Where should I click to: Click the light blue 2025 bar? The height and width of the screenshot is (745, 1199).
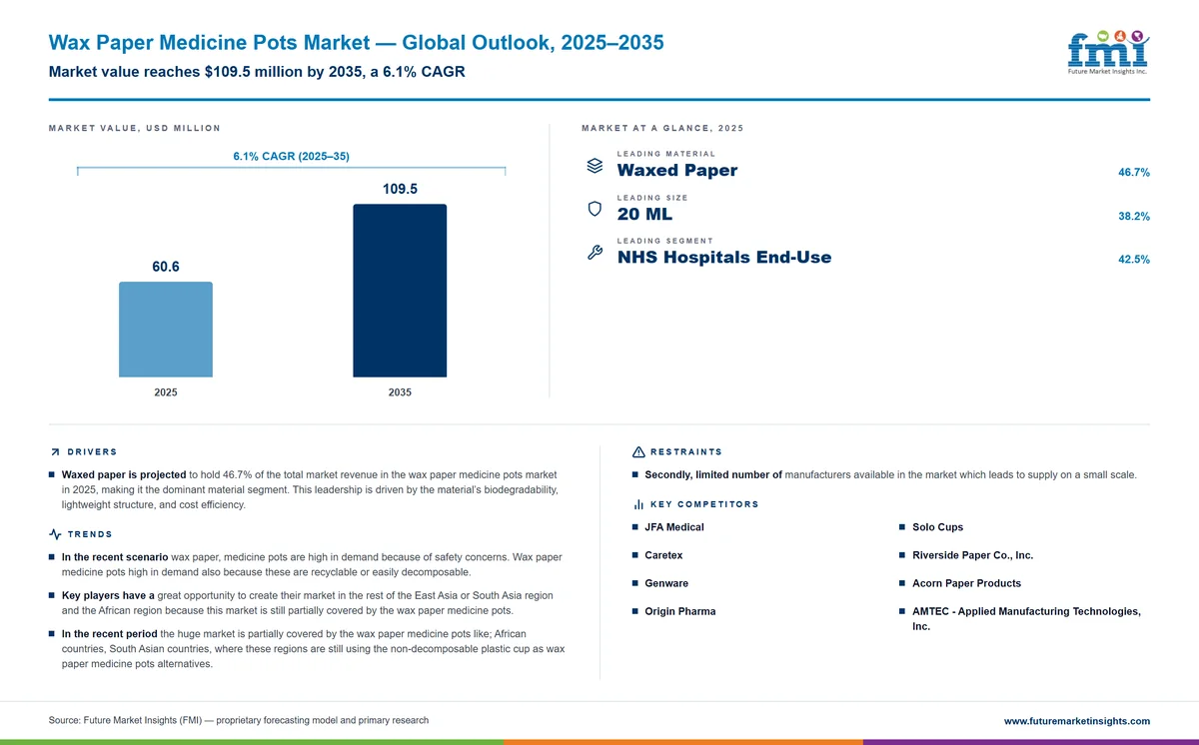pos(166,330)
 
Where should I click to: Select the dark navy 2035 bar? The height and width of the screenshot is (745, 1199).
pos(400,291)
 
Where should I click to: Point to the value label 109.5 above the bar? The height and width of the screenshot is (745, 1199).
pos(400,189)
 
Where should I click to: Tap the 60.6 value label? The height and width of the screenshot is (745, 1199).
pos(166,267)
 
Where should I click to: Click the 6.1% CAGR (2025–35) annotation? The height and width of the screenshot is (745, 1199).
pos(291,156)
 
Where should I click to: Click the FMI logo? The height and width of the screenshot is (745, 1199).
pos(1108,52)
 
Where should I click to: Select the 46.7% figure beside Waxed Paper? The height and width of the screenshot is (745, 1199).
pos(1134,172)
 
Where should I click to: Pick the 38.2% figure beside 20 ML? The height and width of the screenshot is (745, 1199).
pos(1134,216)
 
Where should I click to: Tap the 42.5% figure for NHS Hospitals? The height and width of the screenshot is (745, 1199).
pos(1134,260)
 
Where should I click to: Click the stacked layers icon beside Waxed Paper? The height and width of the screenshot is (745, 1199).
pos(595,166)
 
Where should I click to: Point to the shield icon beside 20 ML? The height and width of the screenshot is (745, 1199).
pos(595,209)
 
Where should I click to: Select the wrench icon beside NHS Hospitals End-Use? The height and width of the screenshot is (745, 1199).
pos(595,252)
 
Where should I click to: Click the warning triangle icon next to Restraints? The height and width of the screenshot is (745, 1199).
pos(638,452)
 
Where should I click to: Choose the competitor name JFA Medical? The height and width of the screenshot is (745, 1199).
pos(673,527)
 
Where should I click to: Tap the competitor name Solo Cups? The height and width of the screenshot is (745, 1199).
pos(938,527)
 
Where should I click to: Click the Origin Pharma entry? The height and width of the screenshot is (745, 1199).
pos(679,611)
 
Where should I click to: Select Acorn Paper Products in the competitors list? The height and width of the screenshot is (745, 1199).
pos(967,583)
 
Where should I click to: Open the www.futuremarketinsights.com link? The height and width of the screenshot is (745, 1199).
pos(1077,721)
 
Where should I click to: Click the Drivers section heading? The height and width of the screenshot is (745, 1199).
pos(92,452)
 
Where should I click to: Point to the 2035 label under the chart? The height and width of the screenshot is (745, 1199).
pos(400,392)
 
